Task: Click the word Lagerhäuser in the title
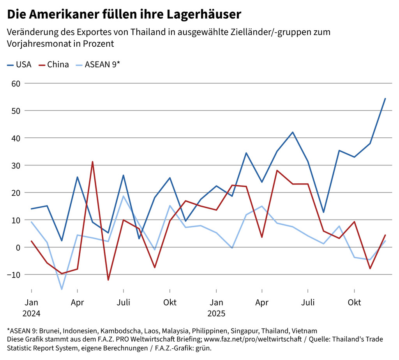204,14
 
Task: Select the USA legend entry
19,65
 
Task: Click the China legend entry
54,65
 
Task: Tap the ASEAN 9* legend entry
98,65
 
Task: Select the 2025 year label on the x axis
216,313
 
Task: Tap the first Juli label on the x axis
123,302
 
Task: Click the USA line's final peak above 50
385,98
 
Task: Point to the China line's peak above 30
92,162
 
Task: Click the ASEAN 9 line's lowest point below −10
62,289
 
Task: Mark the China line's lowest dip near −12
108,280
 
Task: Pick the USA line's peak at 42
293,132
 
